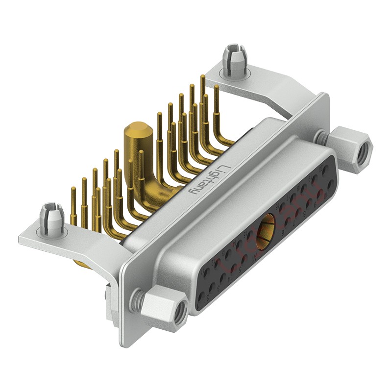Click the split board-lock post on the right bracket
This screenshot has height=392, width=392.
click(x=234, y=60)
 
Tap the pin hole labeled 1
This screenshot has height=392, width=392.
click(x=201, y=297)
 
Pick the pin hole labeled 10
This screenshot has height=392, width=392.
click(x=331, y=184)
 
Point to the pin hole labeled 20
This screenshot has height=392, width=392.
click(x=325, y=170)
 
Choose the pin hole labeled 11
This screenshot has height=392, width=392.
click(x=206, y=272)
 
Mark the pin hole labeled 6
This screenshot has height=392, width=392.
click(x=288, y=221)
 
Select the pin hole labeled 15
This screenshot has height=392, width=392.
click(x=249, y=235)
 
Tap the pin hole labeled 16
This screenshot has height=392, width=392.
click(x=282, y=207)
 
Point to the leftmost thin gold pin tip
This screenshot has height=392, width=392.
click(x=73, y=189)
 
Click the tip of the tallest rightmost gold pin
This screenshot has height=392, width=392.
click(x=202, y=77)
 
